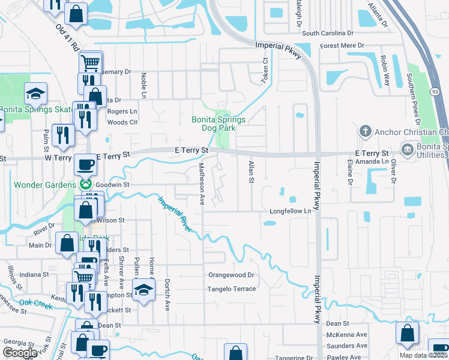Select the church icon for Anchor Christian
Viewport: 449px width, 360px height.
[364, 131]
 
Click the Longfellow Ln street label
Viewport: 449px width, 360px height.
[291, 211]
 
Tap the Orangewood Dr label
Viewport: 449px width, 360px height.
[231, 275]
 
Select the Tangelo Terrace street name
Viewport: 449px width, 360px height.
[232, 289]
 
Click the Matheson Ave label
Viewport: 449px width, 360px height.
[202, 184]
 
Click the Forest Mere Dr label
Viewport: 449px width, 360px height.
[342, 46]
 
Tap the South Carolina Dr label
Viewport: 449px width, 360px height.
[328, 34]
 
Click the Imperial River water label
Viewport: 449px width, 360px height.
[175, 214]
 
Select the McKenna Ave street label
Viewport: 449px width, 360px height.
[346, 335]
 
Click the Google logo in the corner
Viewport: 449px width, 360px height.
[20, 353]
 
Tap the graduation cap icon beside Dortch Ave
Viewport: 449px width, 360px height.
[143, 291]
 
